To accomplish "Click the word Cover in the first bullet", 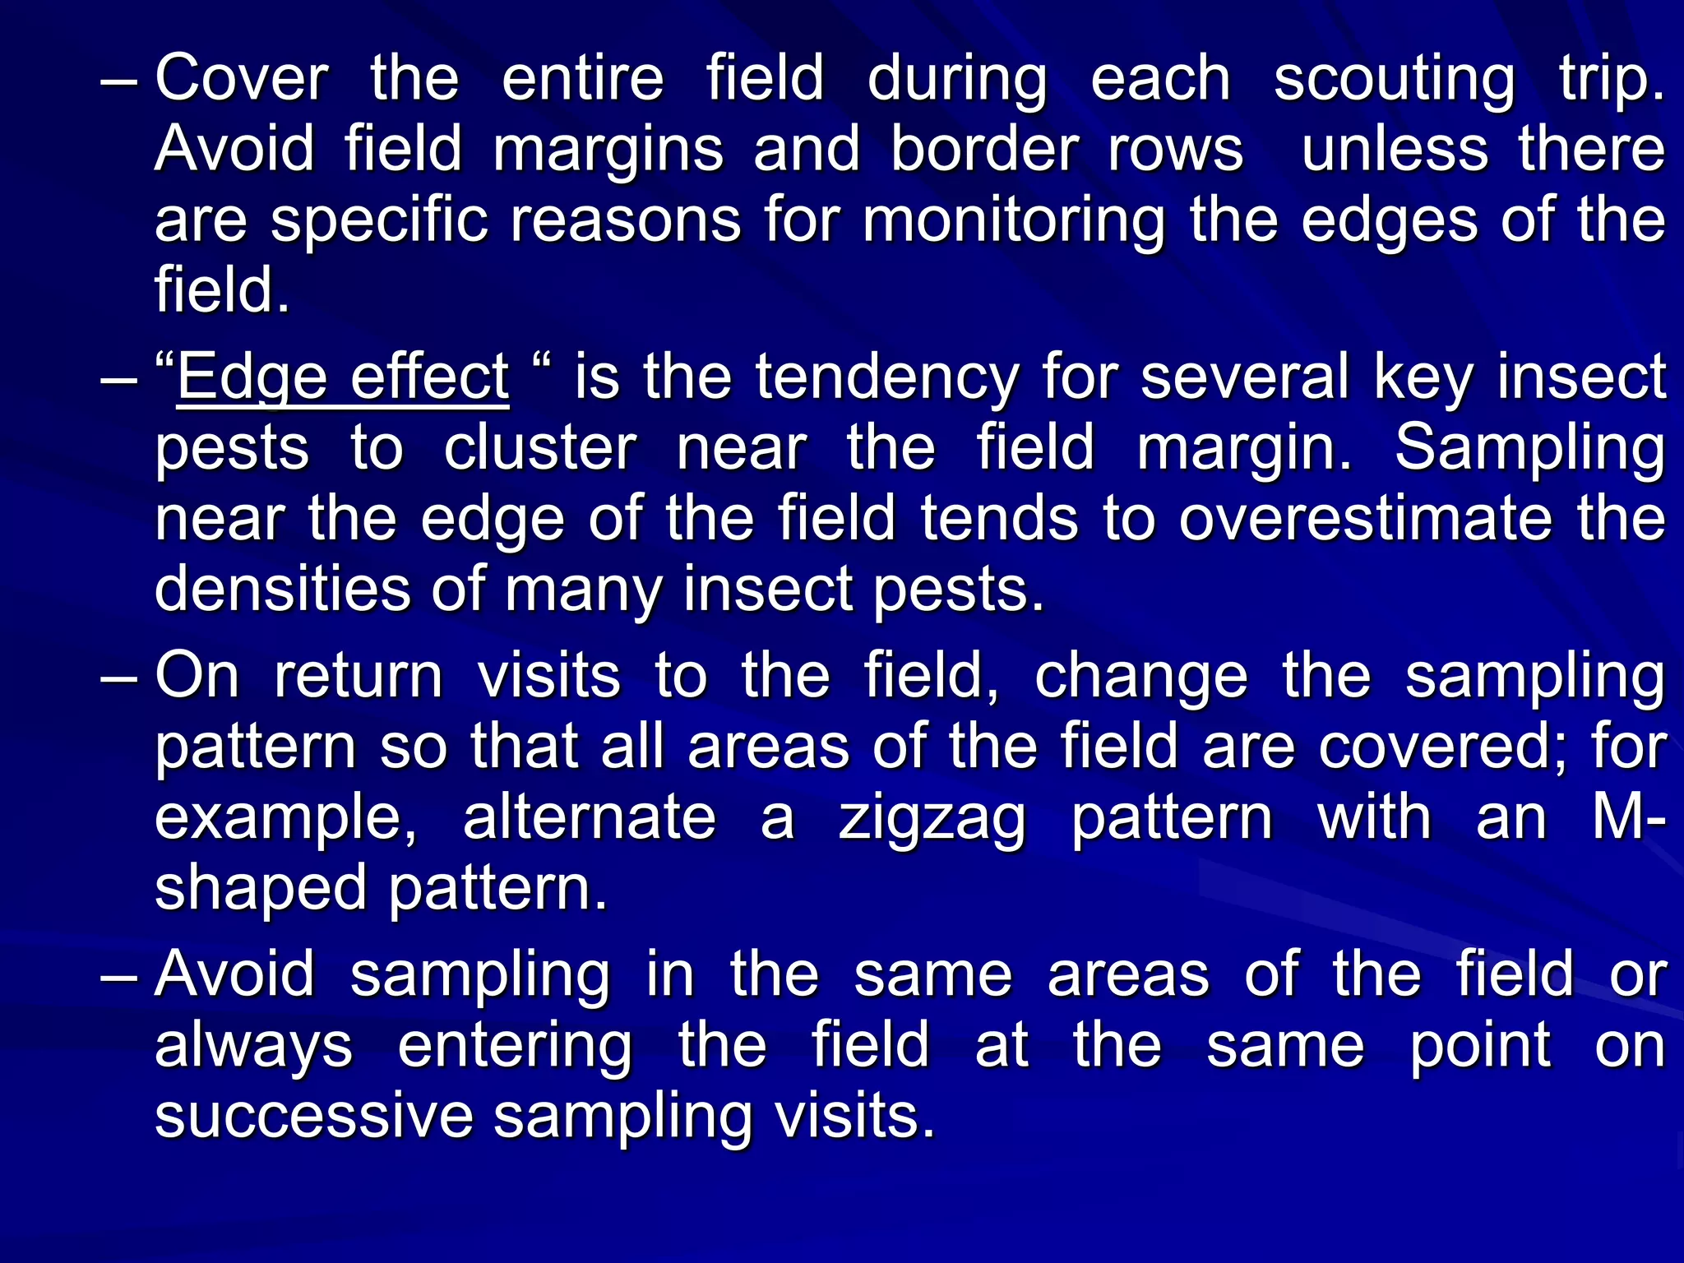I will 241,79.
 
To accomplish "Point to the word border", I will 983,150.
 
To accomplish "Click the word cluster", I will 540,449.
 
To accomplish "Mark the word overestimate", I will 1365,520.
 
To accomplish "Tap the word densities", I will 282,590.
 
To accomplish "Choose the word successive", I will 313,1117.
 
